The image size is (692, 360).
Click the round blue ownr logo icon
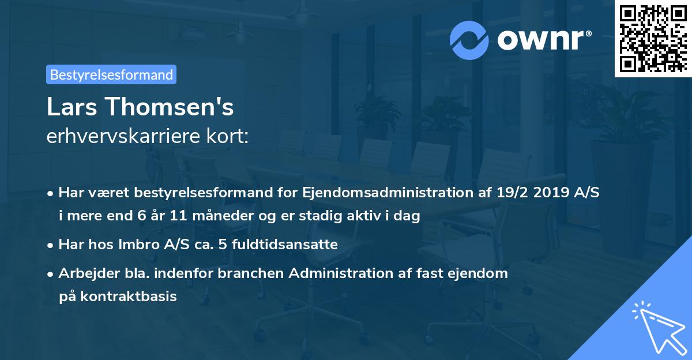pyautogui.click(x=470, y=40)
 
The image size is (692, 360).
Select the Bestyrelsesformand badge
pyautogui.click(x=111, y=74)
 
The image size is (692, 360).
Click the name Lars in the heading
pyautogui.click(x=72, y=107)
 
